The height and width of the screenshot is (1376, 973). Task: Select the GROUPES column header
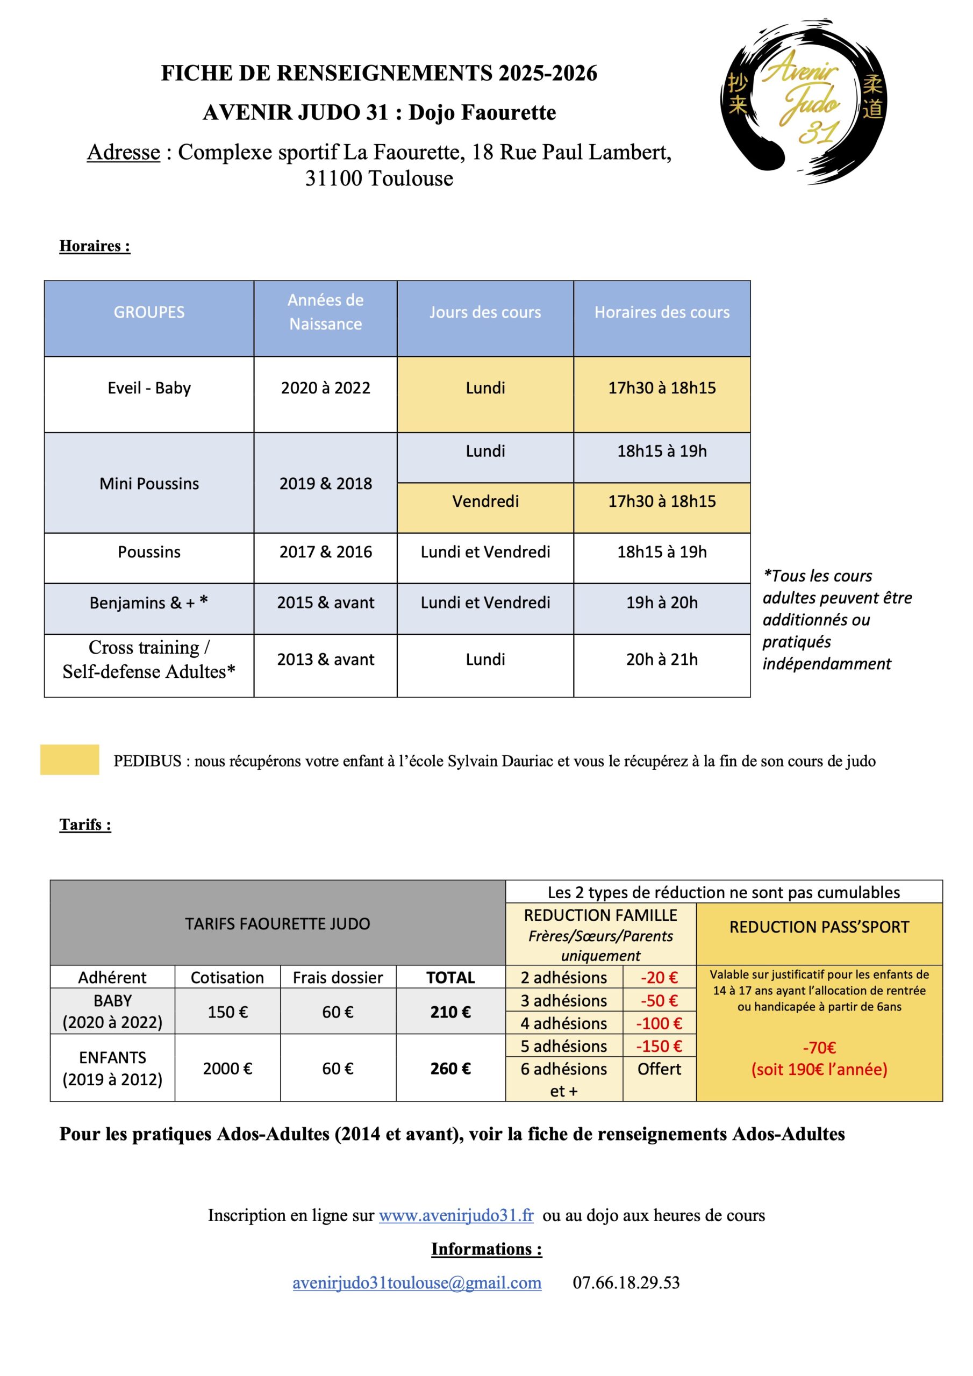[149, 312]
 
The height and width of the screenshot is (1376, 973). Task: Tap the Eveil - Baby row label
[149, 388]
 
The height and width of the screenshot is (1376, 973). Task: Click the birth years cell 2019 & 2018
[326, 483]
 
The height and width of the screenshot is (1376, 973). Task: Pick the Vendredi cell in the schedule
[485, 501]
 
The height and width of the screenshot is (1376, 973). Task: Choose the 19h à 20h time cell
[662, 603]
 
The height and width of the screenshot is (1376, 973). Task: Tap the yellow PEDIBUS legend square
[69, 759]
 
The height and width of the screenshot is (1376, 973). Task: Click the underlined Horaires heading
[95, 246]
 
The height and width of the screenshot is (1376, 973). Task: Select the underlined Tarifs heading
[85, 825]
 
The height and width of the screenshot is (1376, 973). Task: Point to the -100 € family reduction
[659, 1023]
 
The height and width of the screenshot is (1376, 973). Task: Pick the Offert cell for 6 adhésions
[659, 1069]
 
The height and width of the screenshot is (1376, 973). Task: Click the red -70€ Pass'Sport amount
[819, 1048]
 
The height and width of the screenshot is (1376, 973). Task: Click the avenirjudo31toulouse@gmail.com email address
[417, 1282]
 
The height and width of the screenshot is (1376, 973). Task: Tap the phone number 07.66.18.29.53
[626, 1282]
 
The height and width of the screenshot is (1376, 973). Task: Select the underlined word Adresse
[124, 152]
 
